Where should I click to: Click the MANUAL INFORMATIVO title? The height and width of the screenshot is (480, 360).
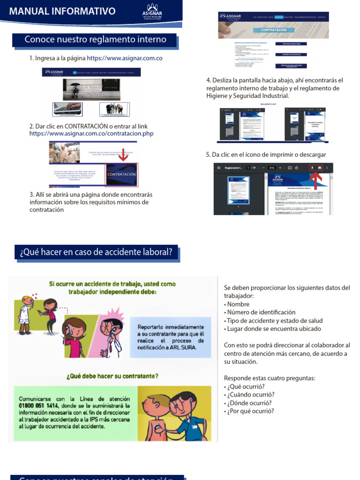pyautogui.click(x=62, y=11)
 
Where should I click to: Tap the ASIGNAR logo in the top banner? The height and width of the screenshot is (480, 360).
pyautogui.click(x=153, y=11)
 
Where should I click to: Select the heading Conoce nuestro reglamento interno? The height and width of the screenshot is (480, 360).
pyautogui.click(x=95, y=40)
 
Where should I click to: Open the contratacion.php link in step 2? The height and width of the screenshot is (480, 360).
pyautogui.click(x=91, y=134)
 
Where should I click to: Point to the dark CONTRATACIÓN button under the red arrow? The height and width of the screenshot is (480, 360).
pyautogui.click(x=121, y=174)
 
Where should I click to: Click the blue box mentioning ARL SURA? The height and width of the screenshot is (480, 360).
pyautogui.click(x=171, y=337)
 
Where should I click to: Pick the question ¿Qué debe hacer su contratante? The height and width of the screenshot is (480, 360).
pyautogui.click(x=112, y=375)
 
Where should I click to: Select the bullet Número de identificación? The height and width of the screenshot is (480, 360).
pyautogui.click(x=261, y=312)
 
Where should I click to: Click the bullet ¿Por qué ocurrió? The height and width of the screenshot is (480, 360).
pyautogui.click(x=250, y=412)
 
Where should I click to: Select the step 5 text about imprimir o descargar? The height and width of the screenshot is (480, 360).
pyautogui.click(x=266, y=155)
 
